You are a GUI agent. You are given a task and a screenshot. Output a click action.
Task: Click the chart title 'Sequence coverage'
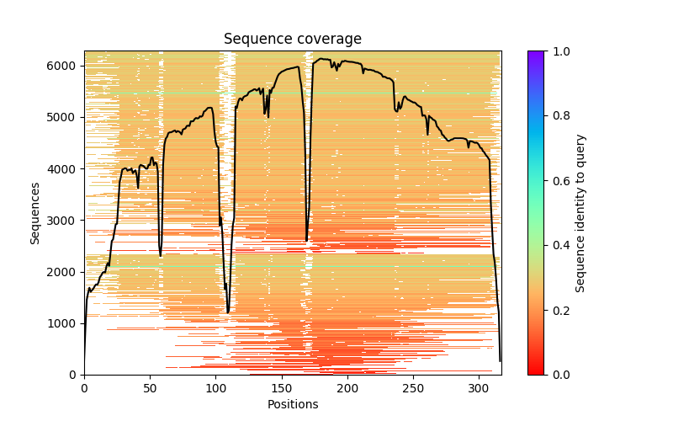292,40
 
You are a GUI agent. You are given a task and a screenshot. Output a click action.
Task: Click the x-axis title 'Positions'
292,404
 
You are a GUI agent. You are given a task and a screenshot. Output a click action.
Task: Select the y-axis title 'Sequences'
35,213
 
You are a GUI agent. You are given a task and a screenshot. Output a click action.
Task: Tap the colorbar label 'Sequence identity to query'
580,213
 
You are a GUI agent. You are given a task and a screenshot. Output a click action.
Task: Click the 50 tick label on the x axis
150,388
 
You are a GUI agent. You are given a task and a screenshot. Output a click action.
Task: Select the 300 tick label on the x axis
479,388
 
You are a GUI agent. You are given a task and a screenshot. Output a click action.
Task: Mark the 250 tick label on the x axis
413,388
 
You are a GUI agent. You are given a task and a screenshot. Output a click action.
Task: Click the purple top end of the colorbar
535,54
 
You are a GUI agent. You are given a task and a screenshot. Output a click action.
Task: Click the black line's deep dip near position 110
228,312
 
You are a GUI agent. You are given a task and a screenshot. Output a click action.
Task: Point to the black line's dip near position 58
161,254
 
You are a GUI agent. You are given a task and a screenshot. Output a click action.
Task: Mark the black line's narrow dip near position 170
306,240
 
